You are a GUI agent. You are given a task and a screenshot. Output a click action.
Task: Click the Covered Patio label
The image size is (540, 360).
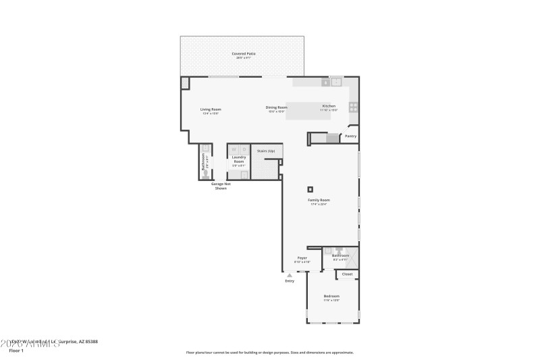(x=244, y=53)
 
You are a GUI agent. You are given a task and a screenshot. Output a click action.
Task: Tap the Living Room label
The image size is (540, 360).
(x=211, y=109)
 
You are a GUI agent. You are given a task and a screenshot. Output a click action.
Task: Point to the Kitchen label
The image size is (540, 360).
(x=329, y=106)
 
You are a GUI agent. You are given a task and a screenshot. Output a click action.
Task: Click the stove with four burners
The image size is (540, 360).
(x=353, y=107)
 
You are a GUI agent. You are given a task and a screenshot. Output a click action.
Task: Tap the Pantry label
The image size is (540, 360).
(x=350, y=136)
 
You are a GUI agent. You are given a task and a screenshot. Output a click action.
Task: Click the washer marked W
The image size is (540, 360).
(x=234, y=150)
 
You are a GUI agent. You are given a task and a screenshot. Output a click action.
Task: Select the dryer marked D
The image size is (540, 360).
(x=244, y=150)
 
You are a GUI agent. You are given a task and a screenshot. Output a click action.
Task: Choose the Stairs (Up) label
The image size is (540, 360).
(x=266, y=151)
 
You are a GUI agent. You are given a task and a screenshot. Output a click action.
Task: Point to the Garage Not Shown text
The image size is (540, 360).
(x=221, y=186)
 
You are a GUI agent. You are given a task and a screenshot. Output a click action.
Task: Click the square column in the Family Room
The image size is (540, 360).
(x=310, y=189)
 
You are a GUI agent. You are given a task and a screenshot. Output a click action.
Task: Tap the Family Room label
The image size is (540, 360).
(x=319, y=201)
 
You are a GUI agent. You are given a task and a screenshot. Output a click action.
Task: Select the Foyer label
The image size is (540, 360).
(x=302, y=258)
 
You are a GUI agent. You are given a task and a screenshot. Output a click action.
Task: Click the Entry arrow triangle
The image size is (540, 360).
(x=290, y=276)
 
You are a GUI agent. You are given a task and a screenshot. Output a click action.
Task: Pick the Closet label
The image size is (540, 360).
(x=347, y=274)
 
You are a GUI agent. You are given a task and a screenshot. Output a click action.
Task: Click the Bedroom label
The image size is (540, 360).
(x=331, y=297)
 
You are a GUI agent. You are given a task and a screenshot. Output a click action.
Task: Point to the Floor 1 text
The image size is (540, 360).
(x=16, y=351)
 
